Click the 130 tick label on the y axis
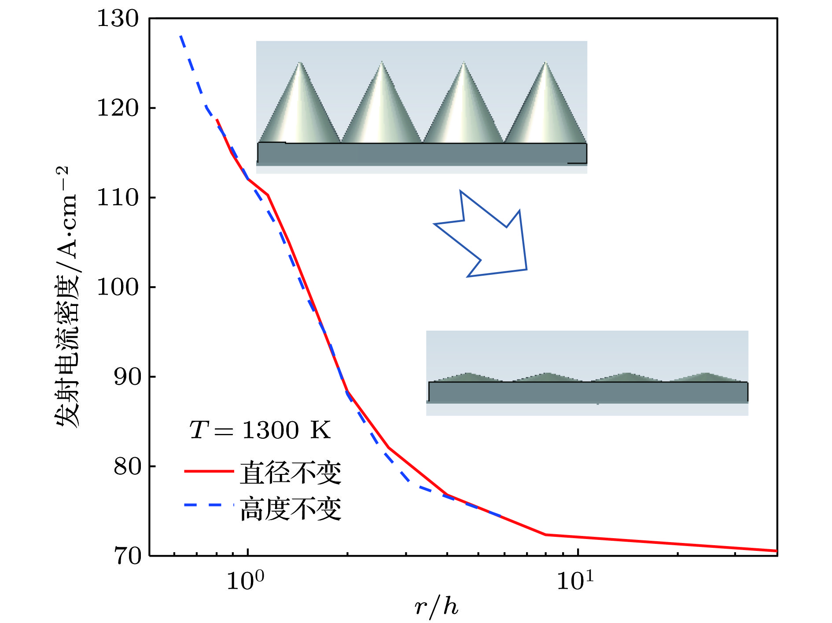pyautogui.click(x=118, y=19)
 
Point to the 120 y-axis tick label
pyautogui.click(x=118, y=108)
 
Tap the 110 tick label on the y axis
pyautogui.click(x=118, y=198)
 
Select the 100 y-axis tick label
pyautogui.click(x=118, y=288)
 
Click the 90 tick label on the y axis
pyautogui.click(x=126, y=377)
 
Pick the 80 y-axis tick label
pyautogui.click(x=126, y=466)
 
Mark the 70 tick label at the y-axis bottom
pyautogui.click(x=126, y=556)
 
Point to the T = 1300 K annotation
pyautogui.click(x=260, y=430)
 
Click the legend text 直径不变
pyautogui.click(x=291, y=473)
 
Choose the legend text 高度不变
pyautogui.click(x=291, y=509)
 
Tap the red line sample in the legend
pyautogui.click(x=209, y=471)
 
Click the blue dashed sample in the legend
pyautogui.click(x=209, y=505)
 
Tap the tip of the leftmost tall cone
pyautogui.click(x=300, y=63)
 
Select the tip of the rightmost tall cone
pyautogui.click(x=545, y=62)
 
